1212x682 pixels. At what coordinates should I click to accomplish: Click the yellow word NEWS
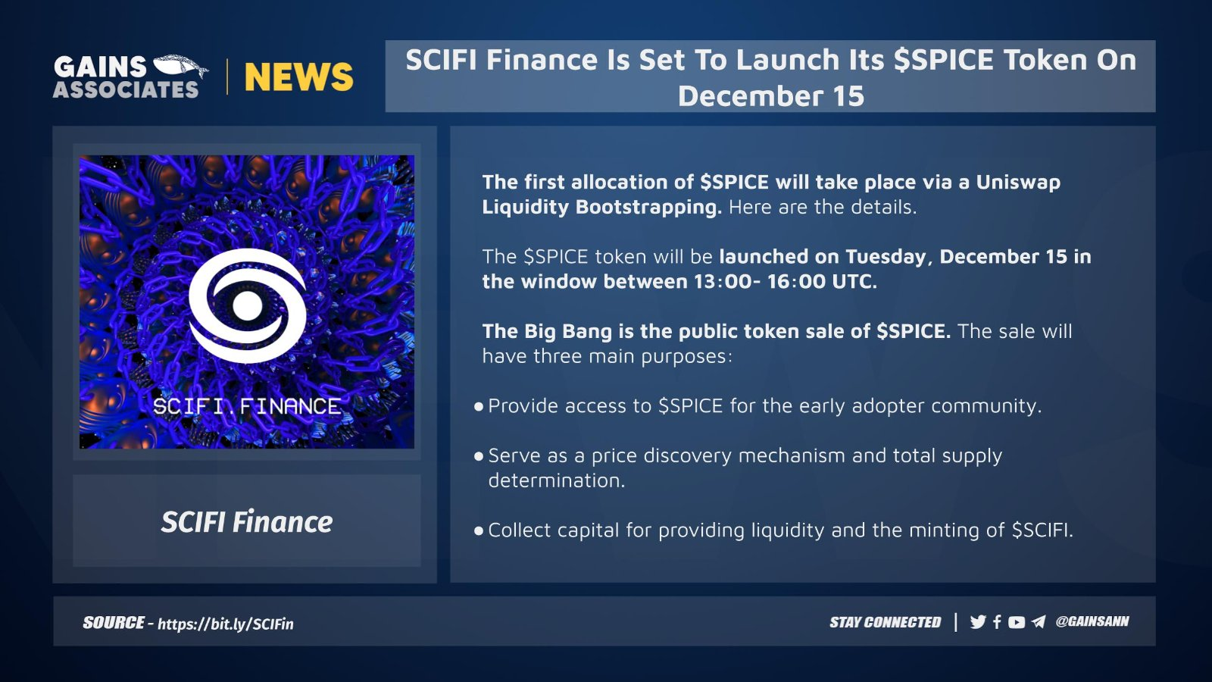(x=298, y=77)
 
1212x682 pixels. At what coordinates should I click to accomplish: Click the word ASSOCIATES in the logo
(x=126, y=90)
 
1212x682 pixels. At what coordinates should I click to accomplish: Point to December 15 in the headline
(x=770, y=95)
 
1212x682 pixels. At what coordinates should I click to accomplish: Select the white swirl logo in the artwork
(x=247, y=306)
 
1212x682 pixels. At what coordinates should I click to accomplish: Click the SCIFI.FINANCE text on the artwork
(x=247, y=406)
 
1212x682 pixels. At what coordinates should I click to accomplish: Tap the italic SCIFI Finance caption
(x=247, y=522)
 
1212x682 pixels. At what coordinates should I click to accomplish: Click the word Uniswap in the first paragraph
(x=1018, y=183)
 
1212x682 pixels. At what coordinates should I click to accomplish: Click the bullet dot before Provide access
(x=478, y=406)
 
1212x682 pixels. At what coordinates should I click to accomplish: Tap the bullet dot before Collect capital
(x=478, y=531)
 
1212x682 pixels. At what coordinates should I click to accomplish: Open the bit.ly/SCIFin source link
(x=226, y=624)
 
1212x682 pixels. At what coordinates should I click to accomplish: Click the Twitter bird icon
(x=978, y=622)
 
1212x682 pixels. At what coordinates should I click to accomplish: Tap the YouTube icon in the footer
(x=1017, y=622)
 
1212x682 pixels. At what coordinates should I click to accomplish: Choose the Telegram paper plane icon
(x=1039, y=622)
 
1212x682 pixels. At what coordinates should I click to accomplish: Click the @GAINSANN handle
(x=1092, y=621)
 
